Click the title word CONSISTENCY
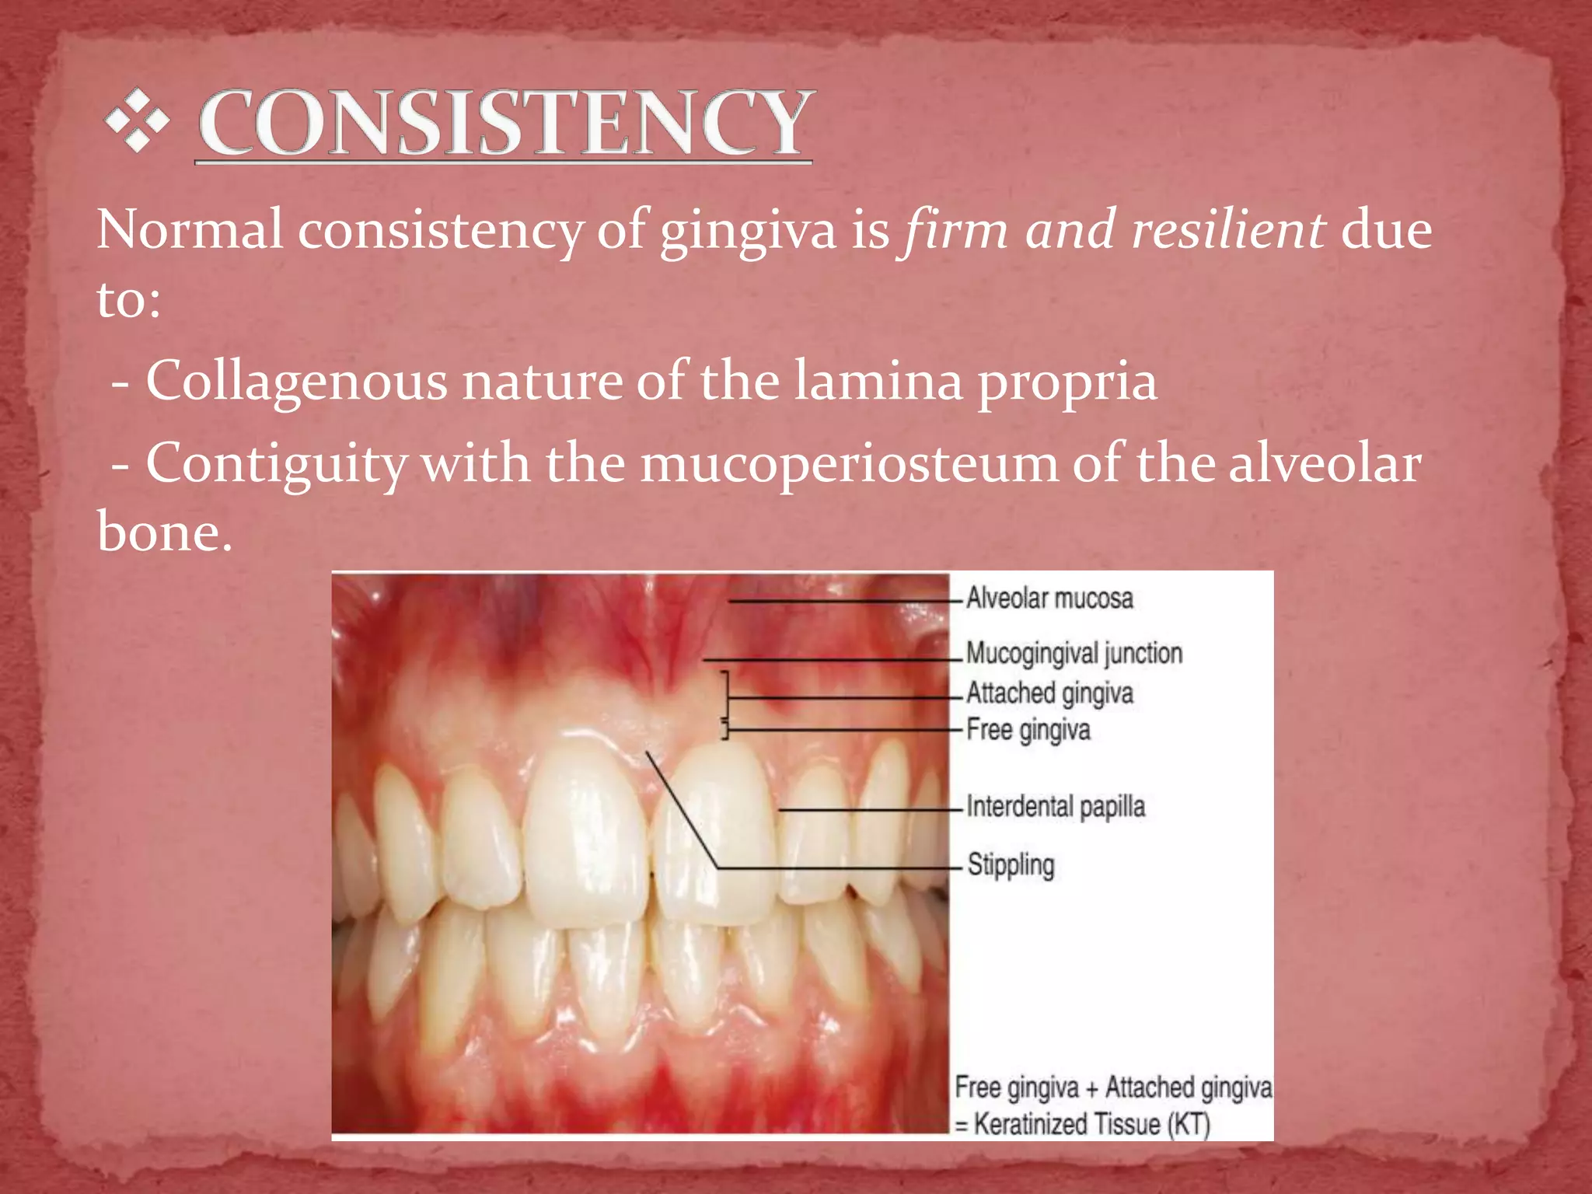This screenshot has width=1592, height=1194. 504,123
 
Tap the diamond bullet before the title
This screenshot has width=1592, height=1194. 138,120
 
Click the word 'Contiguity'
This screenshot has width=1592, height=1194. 276,464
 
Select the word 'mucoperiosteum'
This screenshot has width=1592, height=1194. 849,464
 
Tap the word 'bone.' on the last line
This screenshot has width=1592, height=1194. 164,532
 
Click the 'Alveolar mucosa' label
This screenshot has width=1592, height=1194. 1049,599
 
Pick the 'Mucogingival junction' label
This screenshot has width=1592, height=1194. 1074,654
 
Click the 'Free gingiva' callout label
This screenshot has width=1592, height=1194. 1028,730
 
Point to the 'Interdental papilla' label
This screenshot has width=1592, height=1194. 1056,807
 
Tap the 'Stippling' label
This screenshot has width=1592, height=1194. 1011,864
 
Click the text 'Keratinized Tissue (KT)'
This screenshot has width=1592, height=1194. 1091,1124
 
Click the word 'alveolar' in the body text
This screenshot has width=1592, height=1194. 1325,464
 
